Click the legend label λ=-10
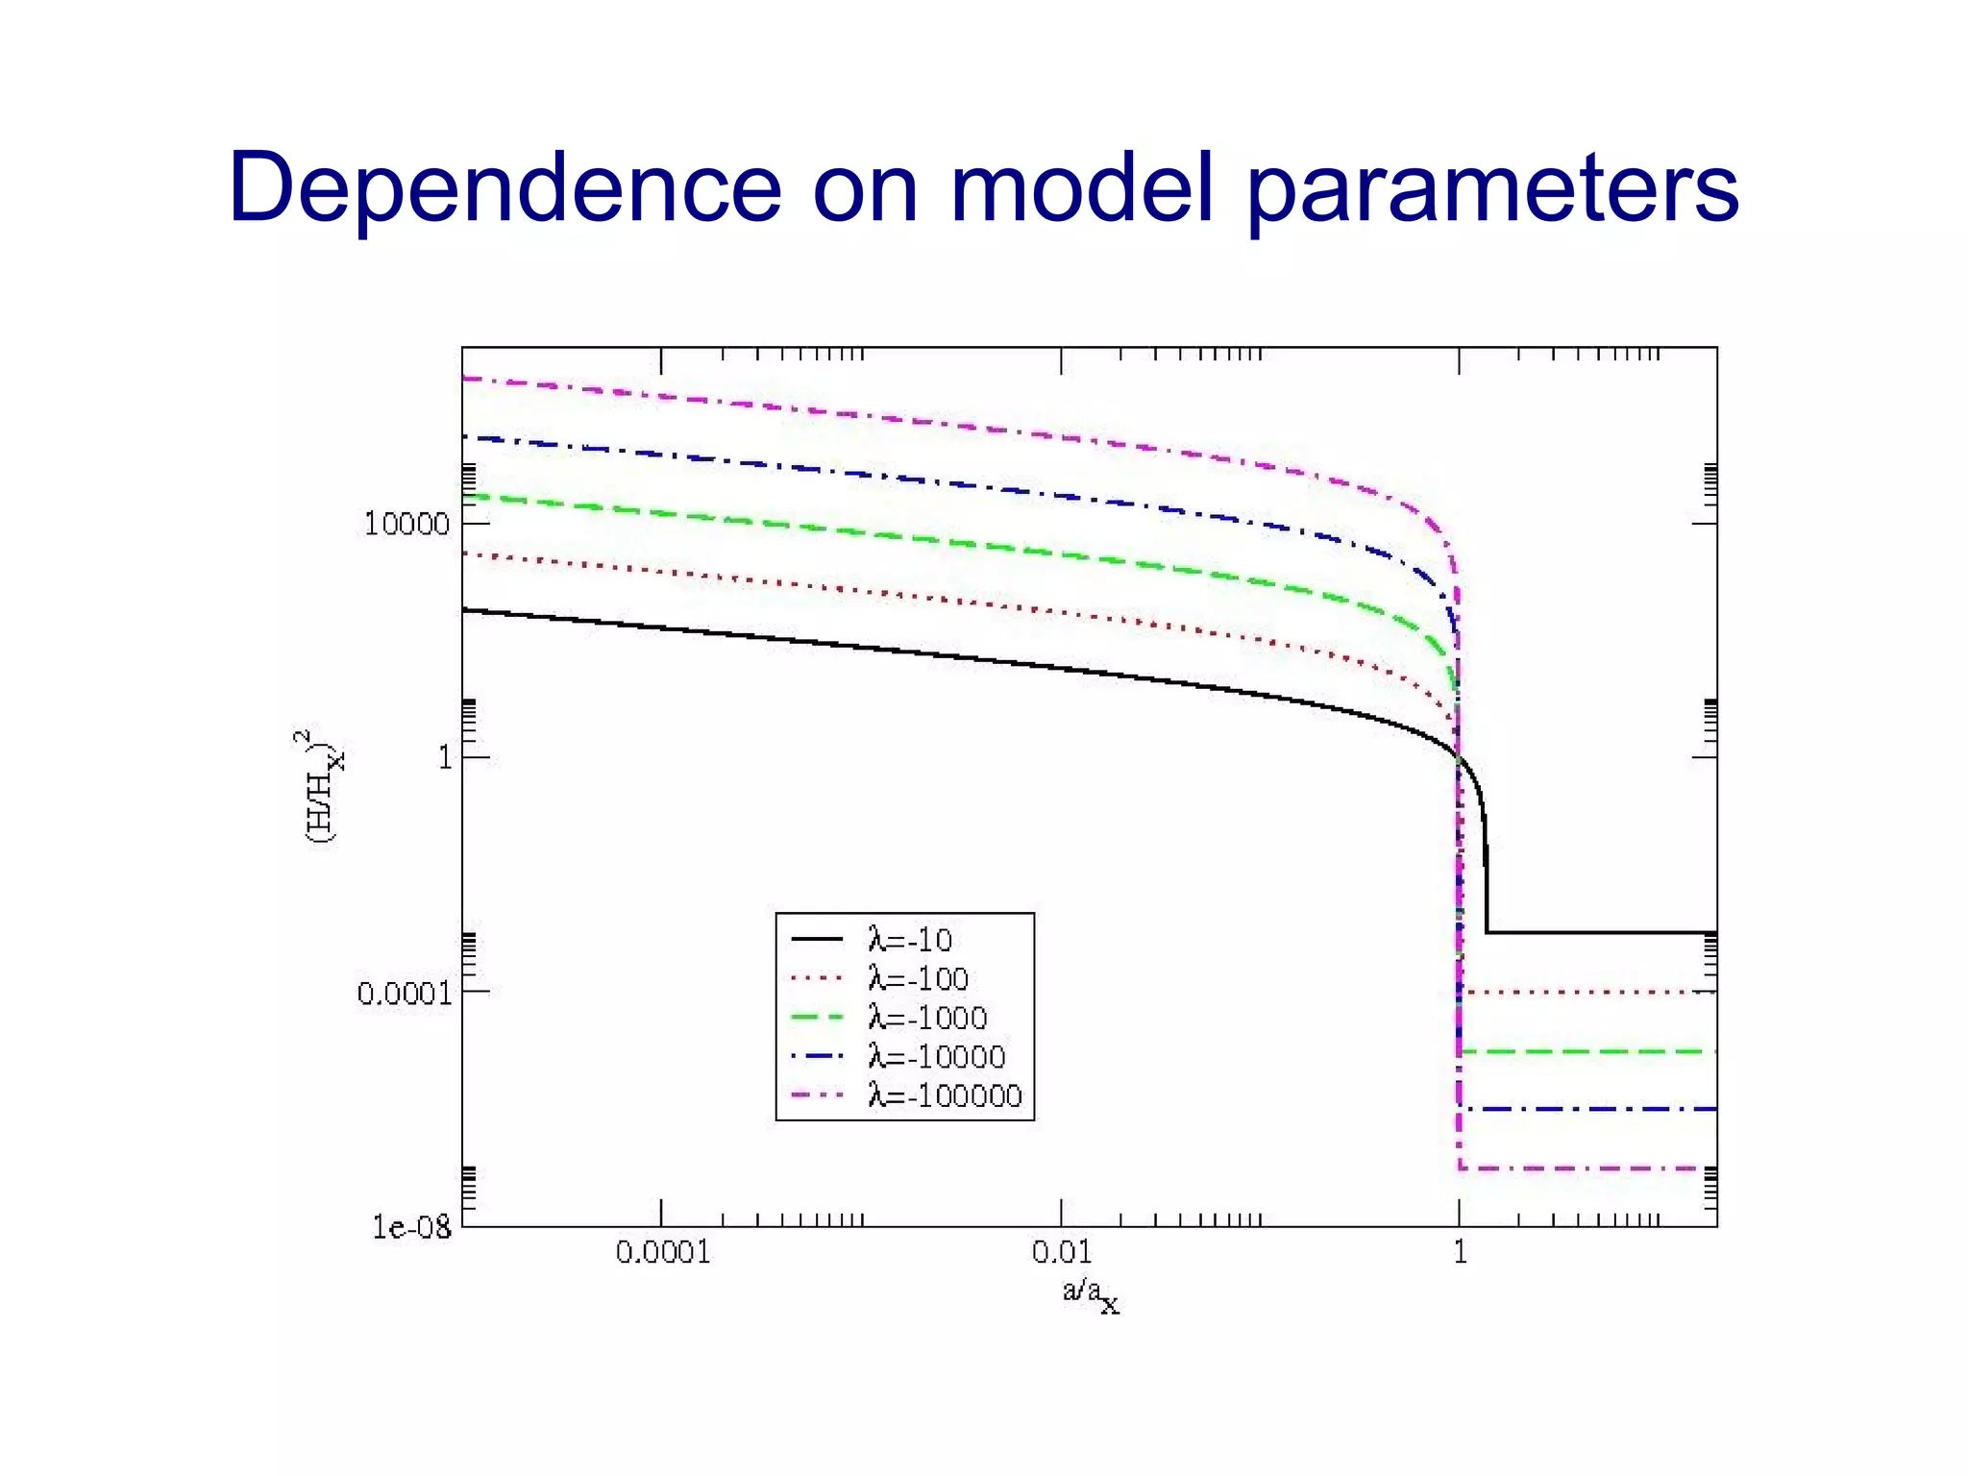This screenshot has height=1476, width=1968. click(909, 939)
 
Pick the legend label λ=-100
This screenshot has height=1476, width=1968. click(918, 978)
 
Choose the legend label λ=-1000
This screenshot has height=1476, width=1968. click(927, 1018)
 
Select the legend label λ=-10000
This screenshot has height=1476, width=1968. click(936, 1057)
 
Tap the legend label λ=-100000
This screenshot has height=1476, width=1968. click(945, 1096)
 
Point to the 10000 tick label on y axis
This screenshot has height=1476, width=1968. click(406, 525)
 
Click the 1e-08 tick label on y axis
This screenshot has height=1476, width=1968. click(411, 1227)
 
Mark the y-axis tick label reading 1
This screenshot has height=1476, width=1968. click(444, 758)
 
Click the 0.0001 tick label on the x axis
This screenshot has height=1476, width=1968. click(662, 1252)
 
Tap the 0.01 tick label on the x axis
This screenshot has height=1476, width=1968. click(1062, 1252)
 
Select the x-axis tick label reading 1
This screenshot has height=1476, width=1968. click(1460, 1252)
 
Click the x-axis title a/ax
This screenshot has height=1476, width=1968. click(1091, 1293)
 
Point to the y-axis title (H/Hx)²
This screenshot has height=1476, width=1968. click(322, 786)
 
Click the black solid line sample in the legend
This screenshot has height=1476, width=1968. click(817, 939)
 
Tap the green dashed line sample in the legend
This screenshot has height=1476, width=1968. click(817, 1018)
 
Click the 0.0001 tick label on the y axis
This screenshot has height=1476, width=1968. click(404, 993)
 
